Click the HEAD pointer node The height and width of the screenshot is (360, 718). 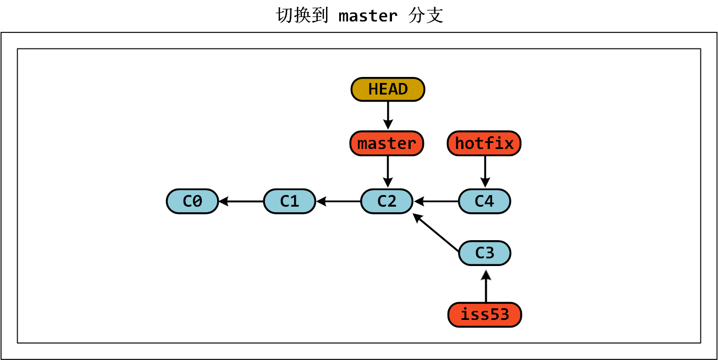pyautogui.click(x=388, y=89)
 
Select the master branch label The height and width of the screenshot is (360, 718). pyautogui.click(x=386, y=143)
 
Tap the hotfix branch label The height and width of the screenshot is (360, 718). pyautogui.click(x=484, y=143)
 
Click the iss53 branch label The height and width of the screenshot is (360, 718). pyautogui.click(x=484, y=315)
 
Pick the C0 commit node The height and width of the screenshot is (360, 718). pyautogui.click(x=192, y=201)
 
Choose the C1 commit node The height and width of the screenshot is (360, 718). pyautogui.click(x=289, y=201)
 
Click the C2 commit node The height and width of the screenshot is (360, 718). pyautogui.click(x=386, y=201)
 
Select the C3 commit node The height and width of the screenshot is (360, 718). pyautogui.click(x=484, y=253)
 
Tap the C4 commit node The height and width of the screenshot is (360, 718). pyautogui.click(x=484, y=201)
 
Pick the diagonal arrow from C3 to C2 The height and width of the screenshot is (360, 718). pyautogui.click(x=436, y=233)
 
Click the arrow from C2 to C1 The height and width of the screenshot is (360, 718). pyautogui.click(x=339, y=202)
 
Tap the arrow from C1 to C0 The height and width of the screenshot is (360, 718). pyautogui.click(x=241, y=202)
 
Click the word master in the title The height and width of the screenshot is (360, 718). pyautogui.click(x=368, y=16)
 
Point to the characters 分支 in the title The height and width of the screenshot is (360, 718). pyautogui.click(x=426, y=15)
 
